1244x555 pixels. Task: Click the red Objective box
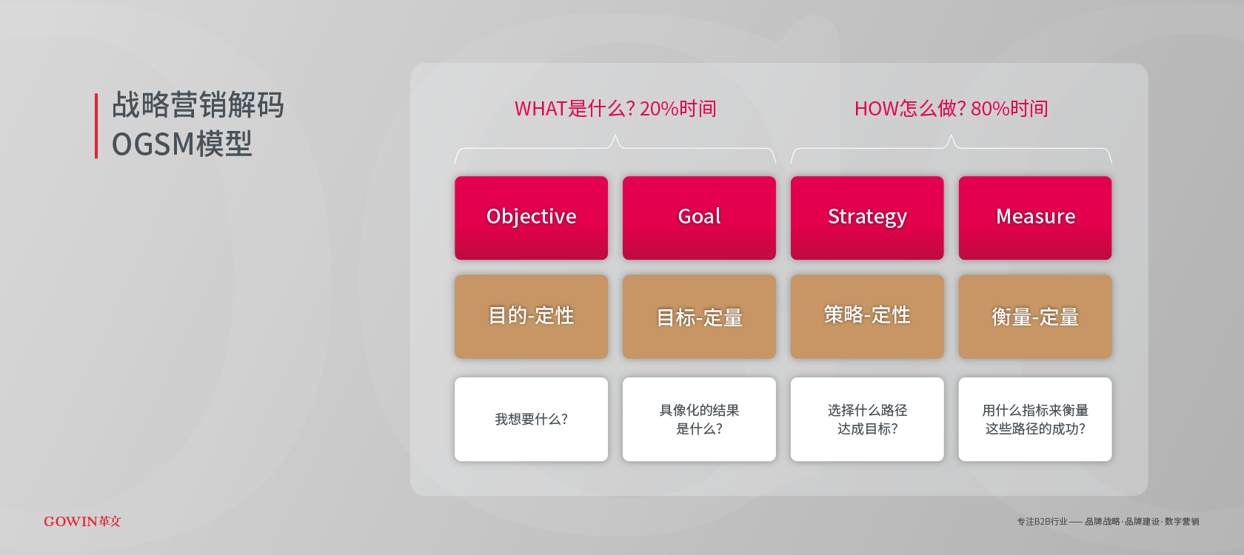[x=531, y=218]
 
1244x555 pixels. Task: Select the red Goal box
[x=699, y=218]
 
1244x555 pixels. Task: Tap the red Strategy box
[x=867, y=218]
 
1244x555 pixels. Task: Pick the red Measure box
[x=1034, y=218]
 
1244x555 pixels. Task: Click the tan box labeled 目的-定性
[x=531, y=317]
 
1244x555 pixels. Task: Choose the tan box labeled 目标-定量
[x=699, y=317]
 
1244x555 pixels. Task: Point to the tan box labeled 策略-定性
[x=867, y=317]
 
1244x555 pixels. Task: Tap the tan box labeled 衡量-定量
[x=1034, y=317]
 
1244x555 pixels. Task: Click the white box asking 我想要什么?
[x=531, y=419]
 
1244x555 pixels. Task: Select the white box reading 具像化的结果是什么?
[x=699, y=419]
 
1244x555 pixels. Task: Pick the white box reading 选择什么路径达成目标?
[x=867, y=419]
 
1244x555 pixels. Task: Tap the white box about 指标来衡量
[x=1034, y=419]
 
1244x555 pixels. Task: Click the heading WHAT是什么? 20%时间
[x=615, y=109]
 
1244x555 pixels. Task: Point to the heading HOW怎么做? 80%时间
[x=951, y=109]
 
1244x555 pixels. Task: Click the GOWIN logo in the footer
[x=82, y=521]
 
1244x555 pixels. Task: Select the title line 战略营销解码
[x=198, y=104]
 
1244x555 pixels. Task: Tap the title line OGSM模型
[x=182, y=144]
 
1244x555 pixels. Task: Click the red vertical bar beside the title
[x=96, y=126]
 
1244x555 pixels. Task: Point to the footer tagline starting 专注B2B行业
[x=1108, y=522]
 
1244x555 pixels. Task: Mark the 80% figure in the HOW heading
[x=989, y=109]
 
